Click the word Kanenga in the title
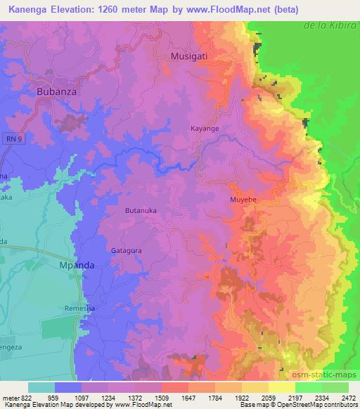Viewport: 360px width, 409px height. coord(27,10)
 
